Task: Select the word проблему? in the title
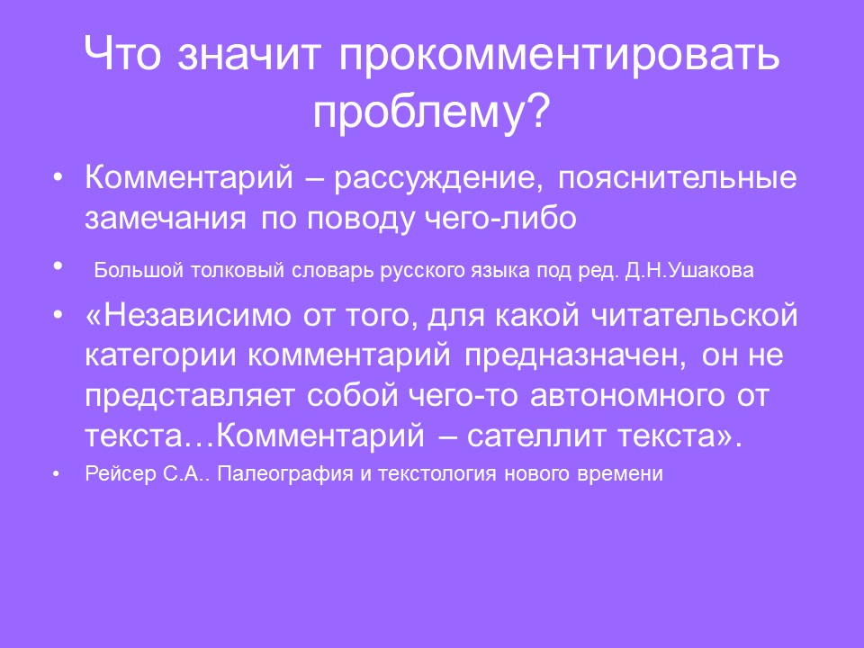pyautogui.click(x=431, y=112)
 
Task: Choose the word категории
pyautogui.click(x=159, y=355)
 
